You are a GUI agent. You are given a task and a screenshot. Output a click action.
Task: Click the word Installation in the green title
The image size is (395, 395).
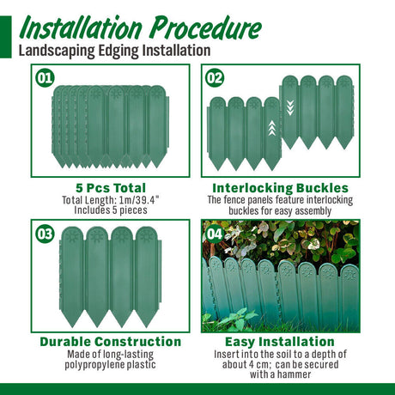(81, 28)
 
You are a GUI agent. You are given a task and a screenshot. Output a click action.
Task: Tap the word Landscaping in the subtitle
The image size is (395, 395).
(57, 51)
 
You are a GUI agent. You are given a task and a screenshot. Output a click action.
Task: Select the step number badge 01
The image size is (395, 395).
(45, 78)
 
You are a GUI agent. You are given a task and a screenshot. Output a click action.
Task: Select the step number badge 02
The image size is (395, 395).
(215, 78)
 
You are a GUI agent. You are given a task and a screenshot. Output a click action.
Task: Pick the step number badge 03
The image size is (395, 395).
(45, 234)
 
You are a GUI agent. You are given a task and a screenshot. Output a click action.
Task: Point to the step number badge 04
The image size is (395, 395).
(215, 234)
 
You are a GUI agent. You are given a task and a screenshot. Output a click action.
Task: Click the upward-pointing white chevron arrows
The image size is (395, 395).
(271, 128)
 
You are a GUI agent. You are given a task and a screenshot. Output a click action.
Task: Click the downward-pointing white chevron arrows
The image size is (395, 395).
(290, 108)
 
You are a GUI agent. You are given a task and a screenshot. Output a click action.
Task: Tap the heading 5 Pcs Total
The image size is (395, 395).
(111, 188)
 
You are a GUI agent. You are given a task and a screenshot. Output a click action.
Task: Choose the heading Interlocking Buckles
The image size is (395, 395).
(281, 188)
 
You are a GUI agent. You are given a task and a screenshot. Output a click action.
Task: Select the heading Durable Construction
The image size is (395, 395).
(111, 342)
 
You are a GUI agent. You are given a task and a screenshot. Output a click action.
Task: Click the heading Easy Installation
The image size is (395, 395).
(280, 342)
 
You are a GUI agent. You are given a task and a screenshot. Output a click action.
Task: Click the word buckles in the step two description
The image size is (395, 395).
(243, 211)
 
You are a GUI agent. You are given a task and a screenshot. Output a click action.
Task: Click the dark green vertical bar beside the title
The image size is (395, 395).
(6, 37)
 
